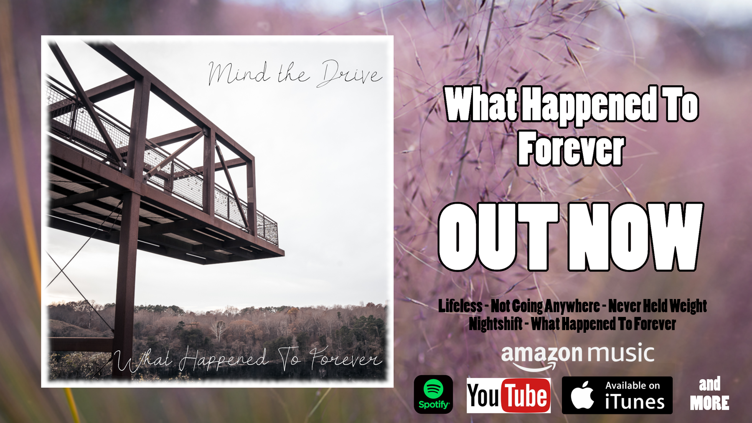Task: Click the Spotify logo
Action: pyautogui.click(x=433, y=394)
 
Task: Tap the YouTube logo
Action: pyautogui.click(x=508, y=395)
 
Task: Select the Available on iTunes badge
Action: pyautogui.click(x=617, y=395)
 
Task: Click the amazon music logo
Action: pyautogui.click(x=577, y=357)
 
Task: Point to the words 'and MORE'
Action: pyautogui.click(x=709, y=394)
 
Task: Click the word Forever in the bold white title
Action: pyautogui.click(x=571, y=148)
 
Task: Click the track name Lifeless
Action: pyautogui.click(x=460, y=306)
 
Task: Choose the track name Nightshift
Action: pyautogui.click(x=495, y=324)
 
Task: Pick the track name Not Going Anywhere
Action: pyautogui.click(x=545, y=306)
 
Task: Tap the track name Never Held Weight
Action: pyautogui.click(x=658, y=306)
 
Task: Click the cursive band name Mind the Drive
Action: pyautogui.click(x=295, y=73)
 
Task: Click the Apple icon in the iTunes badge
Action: pyautogui.click(x=582, y=395)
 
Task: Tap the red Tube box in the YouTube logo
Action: pyautogui.click(x=526, y=395)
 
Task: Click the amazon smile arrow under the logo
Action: pyautogui.click(x=535, y=367)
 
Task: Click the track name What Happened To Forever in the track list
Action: pyautogui.click(x=603, y=324)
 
